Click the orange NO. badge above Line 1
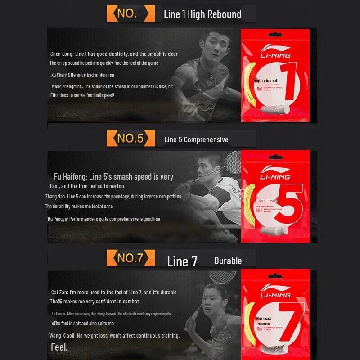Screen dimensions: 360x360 coord(127,13)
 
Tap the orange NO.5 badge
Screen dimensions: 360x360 coord(130,138)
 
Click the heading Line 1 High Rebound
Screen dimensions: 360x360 coord(202,14)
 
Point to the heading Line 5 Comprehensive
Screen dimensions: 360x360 coord(196,139)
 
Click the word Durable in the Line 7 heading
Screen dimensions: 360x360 coord(228,261)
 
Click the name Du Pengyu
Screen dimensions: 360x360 coord(58,219)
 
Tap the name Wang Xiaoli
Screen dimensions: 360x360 coord(62,336)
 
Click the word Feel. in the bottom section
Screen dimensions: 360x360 coord(59,347)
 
